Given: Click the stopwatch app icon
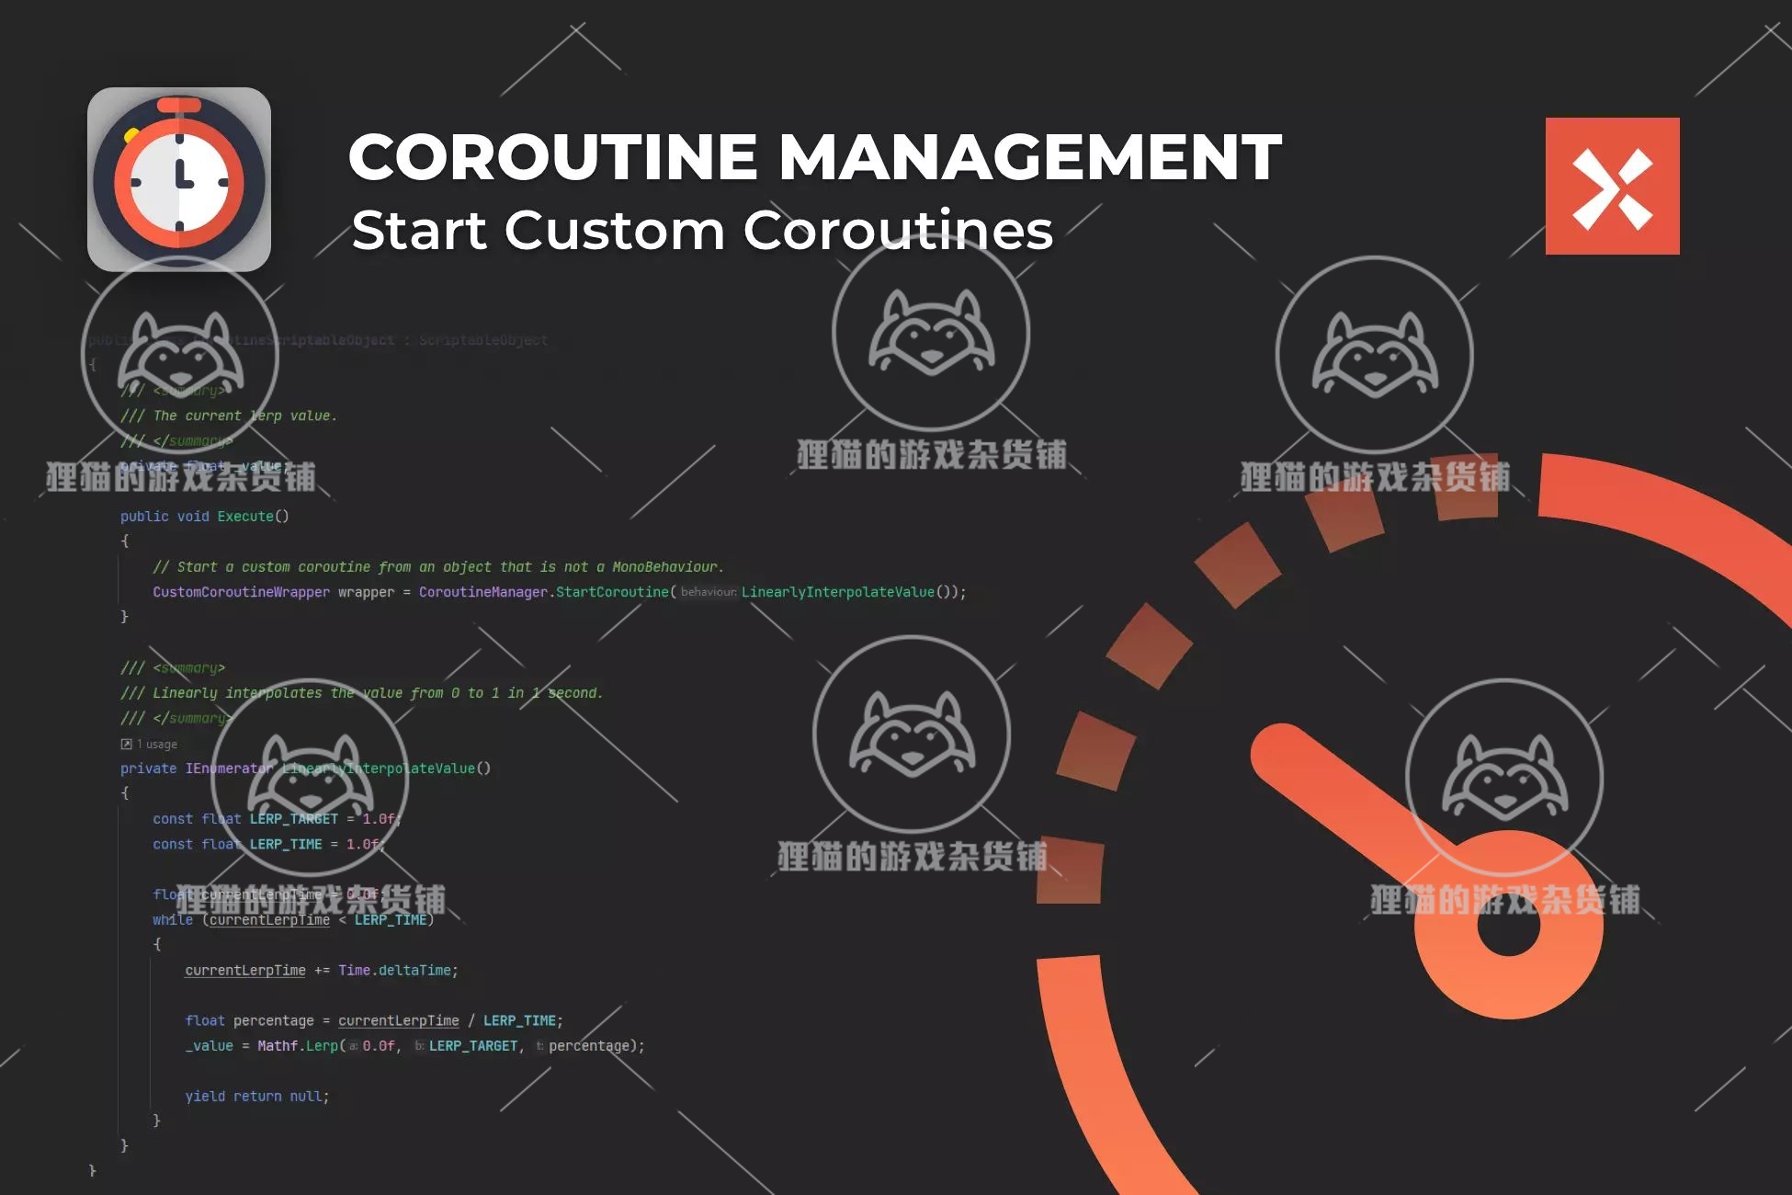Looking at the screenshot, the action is click(x=179, y=179).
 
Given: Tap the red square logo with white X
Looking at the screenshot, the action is click(x=1612, y=186).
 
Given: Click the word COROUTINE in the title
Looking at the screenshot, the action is click(x=552, y=156).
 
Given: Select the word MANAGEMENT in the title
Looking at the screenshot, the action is click(x=1029, y=156).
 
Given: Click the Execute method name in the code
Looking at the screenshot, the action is click(x=245, y=517).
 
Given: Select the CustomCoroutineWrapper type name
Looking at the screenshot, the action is click(x=241, y=592).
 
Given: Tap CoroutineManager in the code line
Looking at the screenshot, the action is click(x=483, y=592).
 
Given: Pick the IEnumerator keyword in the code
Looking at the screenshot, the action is click(x=229, y=768).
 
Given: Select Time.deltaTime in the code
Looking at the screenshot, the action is click(x=395, y=971).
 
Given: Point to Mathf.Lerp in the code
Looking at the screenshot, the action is click(x=298, y=1046).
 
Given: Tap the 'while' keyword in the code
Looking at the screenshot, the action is click(x=173, y=920).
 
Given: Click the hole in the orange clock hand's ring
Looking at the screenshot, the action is click(x=1508, y=925).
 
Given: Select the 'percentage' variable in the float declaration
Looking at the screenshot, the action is click(x=273, y=1021).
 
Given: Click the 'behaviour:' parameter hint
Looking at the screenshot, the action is click(x=708, y=592).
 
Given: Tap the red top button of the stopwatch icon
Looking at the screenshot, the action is click(x=179, y=104).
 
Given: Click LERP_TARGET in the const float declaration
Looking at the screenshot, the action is click(x=294, y=819).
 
